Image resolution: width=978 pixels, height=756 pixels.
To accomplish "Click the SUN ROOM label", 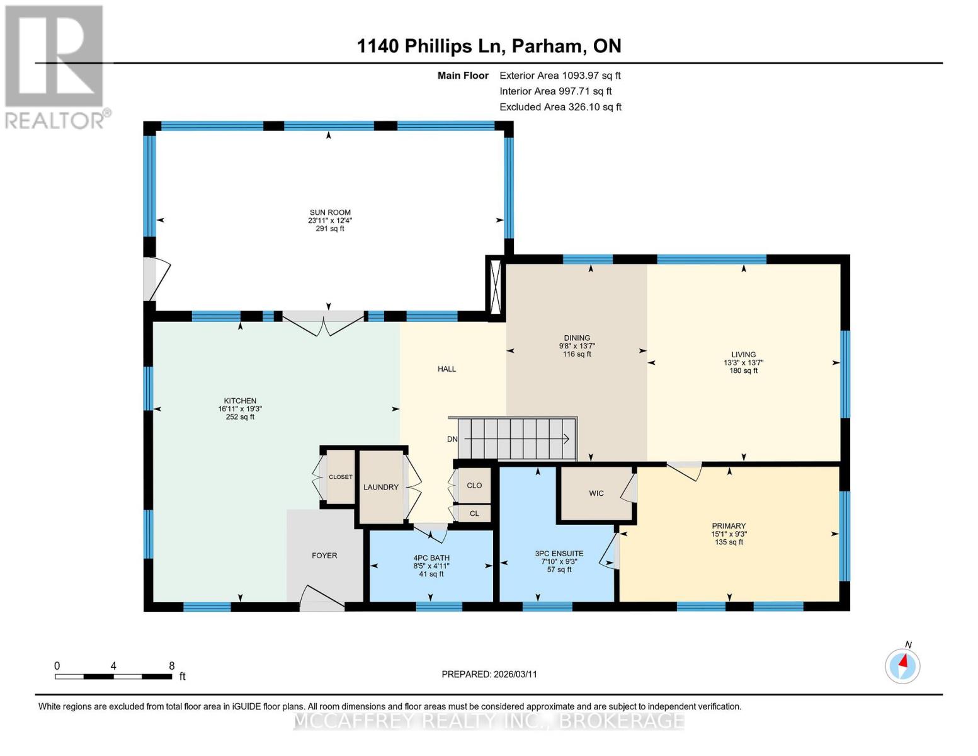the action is (x=330, y=212).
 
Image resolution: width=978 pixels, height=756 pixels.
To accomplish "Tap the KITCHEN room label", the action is (x=240, y=401).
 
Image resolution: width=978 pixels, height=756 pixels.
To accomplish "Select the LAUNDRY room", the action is (x=381, y=487).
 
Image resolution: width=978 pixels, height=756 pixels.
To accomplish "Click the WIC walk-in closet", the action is (x=596, y=493).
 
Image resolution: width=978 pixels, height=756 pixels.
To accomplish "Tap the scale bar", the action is (x=113, y=676).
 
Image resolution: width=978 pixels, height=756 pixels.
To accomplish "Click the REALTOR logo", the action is (x=55, y=67).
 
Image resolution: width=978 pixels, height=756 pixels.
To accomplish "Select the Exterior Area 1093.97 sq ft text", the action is (x=560, y=76).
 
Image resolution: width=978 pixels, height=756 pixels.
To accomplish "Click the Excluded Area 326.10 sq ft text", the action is (x=560, y=107).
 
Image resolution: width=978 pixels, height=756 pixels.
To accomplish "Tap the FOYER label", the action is (x=324, y=556).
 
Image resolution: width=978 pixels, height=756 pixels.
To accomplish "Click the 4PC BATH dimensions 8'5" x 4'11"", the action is (x=431, y=566).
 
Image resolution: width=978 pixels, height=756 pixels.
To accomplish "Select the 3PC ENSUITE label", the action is (x=559, y=553).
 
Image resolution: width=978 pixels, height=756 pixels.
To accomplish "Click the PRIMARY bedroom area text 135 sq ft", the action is (x=729, y=542).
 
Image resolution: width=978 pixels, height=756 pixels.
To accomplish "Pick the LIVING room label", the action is (x=744, y=354).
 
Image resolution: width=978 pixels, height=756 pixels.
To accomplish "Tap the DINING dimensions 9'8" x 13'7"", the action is (x=577, y=346).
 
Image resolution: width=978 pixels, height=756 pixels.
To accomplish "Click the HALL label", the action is (x=447, y=369).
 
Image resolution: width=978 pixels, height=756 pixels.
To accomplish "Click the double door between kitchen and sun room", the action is (x=323, y=323).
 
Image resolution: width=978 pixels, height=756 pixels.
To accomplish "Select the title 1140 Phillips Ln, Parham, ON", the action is (x=489, y=46).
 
